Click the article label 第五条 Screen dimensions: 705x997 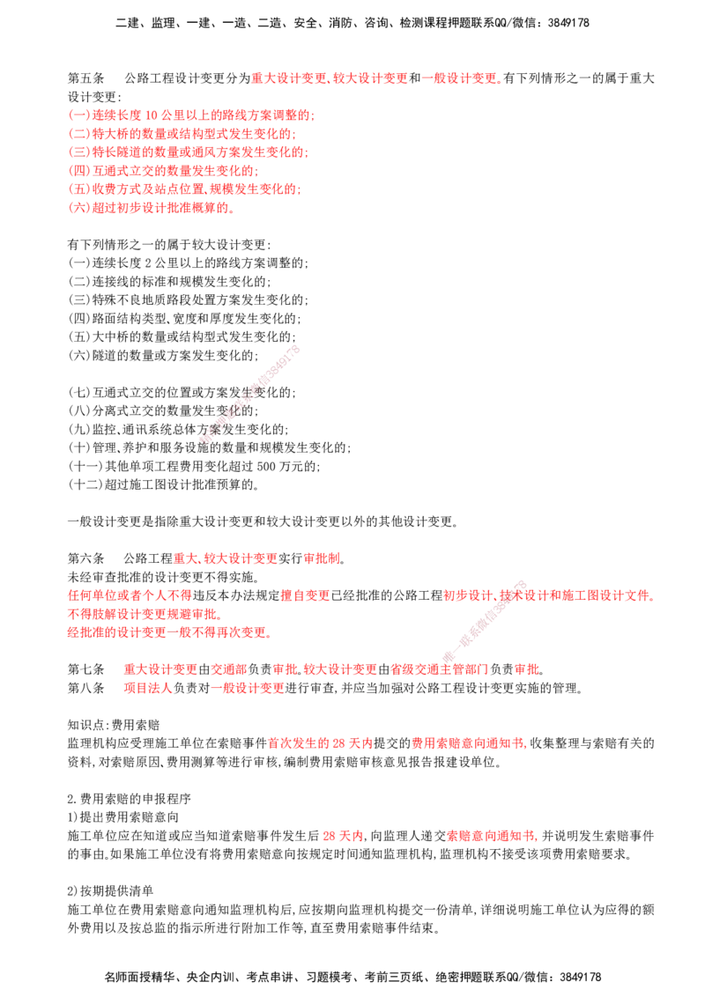click(x=85, y=78)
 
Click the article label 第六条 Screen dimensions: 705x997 click(x=85, y=558)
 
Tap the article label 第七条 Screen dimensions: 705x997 click(x=85, y=668)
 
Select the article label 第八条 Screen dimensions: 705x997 click(x=85, y=687)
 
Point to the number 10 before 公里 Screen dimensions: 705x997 click(x=151, y=115)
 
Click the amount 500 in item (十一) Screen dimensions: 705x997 click(x=266, y=466)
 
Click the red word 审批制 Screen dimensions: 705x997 click(x=322, y=558)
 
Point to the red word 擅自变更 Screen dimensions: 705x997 click(x=306, y=595)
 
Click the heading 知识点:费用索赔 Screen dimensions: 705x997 click(x=114, y=724)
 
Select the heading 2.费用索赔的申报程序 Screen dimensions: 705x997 click(x=130, y=798)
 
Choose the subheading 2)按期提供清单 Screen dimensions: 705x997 click(x=111, y=890)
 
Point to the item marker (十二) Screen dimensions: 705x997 click(x=85, y=484)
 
